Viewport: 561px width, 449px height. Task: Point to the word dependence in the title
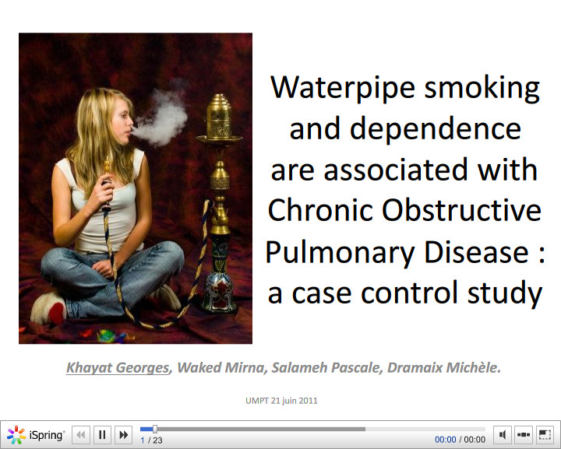pos(405,128)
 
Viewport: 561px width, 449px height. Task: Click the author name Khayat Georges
pos(117,367)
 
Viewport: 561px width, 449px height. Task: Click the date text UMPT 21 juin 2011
pos(280,401)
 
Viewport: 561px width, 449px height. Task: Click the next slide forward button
pos(123,435)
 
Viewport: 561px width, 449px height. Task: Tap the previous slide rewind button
pos(81,435)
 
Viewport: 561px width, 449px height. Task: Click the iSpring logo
pos(36,435)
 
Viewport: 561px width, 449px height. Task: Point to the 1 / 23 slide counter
pos(151,440)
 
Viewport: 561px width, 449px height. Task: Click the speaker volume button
pos(503,435)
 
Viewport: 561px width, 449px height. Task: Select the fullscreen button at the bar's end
pos(545,435)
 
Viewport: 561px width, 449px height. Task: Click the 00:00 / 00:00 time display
pos(460,440)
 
